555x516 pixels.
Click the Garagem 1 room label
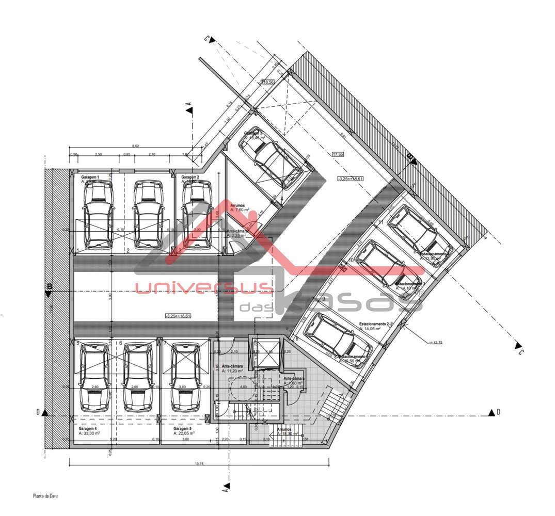click(x=90, y=177)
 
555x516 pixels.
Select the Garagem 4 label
click(x=89, y=429)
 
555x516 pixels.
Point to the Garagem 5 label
click(x=183, y=429)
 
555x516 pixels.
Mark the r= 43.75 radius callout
click(x=437, y=341)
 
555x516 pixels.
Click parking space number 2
click(x=128, y=251)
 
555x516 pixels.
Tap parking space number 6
click(x=120, y=343)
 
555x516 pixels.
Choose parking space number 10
click(x=351, y=261)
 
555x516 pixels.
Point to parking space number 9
click(x=323, y=299)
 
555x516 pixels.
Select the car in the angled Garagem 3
click(x=271, y=158)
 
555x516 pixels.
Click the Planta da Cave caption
click(x=46, y=496)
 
